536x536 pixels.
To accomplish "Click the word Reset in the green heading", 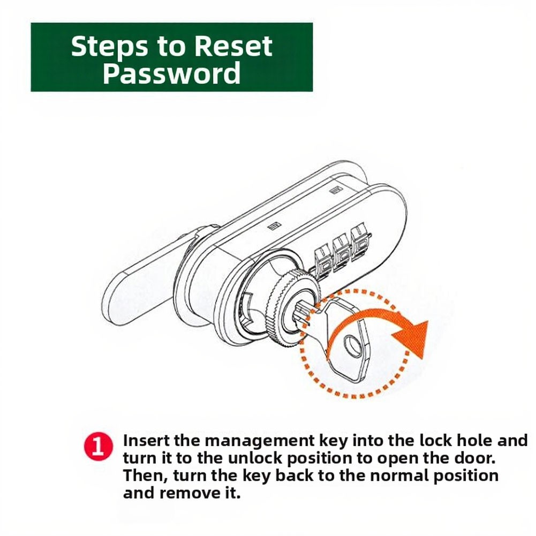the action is pyautogui.click(x=233, y=46).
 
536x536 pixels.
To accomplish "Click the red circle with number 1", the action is pyautogui.click(x=99, y=447).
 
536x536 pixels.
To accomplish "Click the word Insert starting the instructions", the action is pyautogui.click(x=146, y=441).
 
